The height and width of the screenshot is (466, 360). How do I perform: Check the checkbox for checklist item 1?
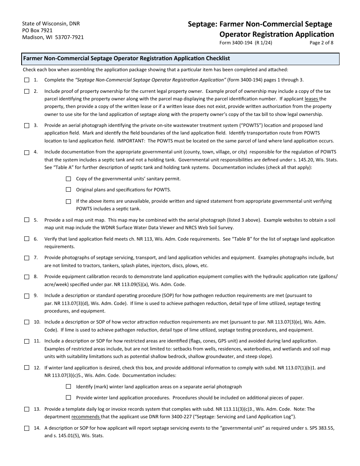tap(27, 80)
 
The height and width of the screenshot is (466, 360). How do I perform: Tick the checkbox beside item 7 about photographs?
tap(27, 258)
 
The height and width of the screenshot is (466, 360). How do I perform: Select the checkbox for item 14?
tap(27, 428)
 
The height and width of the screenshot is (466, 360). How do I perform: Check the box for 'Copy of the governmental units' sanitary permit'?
tap(69, 178)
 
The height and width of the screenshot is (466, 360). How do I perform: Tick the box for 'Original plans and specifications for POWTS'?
tap(69, 189)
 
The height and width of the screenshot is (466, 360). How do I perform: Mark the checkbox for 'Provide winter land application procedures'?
tap(69, 397)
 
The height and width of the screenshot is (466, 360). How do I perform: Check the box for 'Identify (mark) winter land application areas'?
tap(69, 386)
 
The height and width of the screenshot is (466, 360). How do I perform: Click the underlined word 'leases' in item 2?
tap(311, 99)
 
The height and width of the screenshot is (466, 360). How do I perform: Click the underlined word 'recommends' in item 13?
tap(86, 417)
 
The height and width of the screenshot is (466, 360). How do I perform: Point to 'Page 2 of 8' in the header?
tap(321, 43)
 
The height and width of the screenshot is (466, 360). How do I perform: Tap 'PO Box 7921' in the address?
tap(38, 30)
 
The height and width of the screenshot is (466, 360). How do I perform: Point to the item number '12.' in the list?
tap(37, 367)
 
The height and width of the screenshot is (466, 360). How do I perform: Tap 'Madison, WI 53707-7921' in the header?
tap(53, 37)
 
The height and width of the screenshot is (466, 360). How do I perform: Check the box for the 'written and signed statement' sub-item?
tap(69, 201)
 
